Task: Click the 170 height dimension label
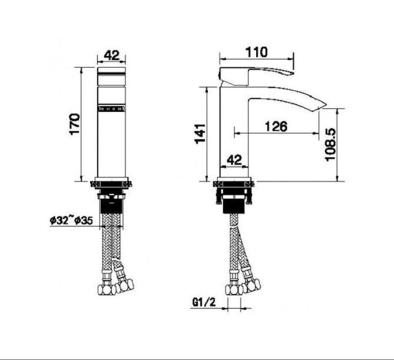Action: [75, 124]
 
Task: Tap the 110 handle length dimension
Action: [257, 52]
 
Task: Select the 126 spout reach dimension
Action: [276, 126]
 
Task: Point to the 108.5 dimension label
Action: [330, 144]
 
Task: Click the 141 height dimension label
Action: [200, 134]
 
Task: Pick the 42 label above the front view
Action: [111, 55]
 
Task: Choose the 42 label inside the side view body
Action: [234, 160]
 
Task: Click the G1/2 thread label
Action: [204, 302]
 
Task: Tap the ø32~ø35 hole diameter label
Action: [71, 220]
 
